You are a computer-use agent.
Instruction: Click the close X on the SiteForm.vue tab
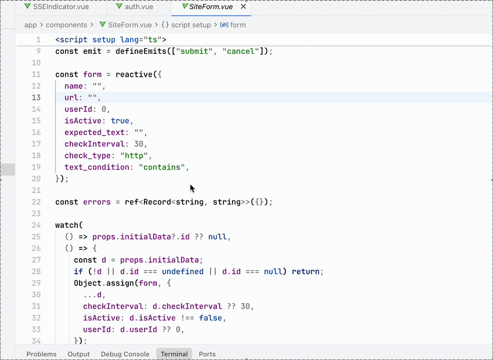pos(243,7)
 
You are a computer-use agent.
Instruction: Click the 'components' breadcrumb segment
pos(66,25)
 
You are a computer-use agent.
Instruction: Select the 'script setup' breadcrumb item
pos(191,25)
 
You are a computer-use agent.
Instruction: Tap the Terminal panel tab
pos(174,354)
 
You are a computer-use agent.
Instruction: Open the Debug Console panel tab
pos(125,354)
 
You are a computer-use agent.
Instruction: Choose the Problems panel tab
pos(41,354)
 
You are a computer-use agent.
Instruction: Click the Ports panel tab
pos(207,354)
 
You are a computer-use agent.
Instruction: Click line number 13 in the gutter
pos(36,97)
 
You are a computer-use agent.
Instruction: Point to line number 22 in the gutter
pos(36,202)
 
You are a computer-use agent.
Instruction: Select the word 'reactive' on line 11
pos(134,74)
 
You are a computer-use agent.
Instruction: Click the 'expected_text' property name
pos(95,133)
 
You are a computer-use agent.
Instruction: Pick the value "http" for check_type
pos(134,156)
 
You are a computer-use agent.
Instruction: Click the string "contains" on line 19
pos(162,167)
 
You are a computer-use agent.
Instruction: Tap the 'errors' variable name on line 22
pos(97,202)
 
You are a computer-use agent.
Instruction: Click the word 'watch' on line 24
pos(67,225)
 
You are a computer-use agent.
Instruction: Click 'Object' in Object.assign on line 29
pos(88,283)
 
